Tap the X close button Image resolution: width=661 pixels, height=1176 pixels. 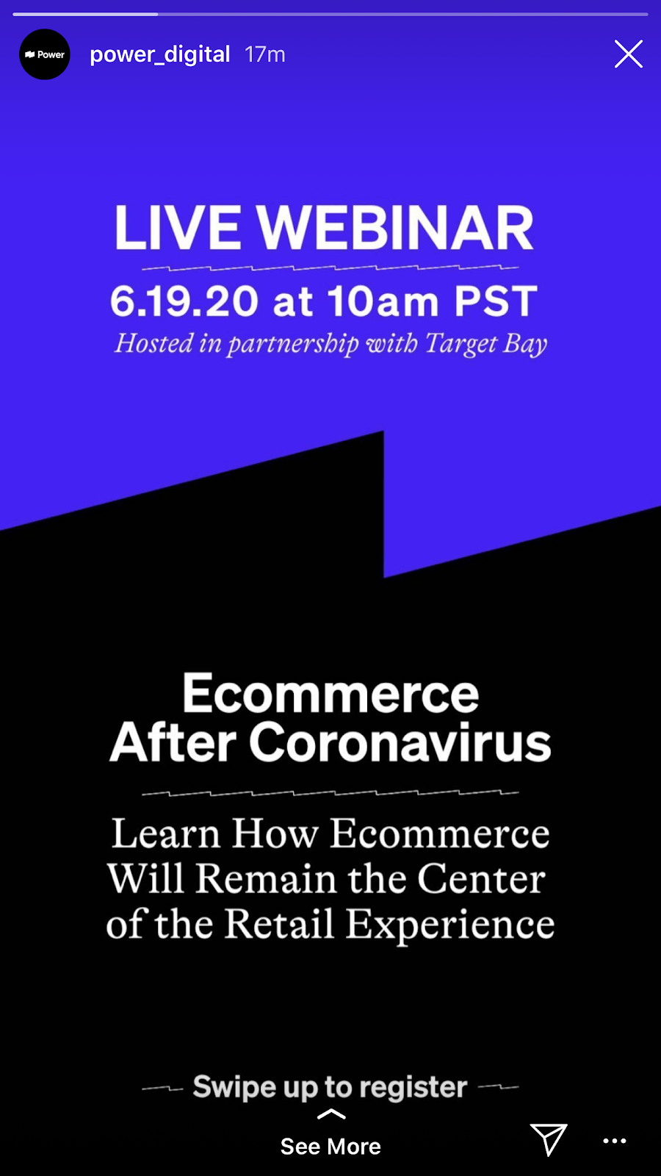pos(629,54)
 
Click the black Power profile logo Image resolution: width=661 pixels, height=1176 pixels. pos(45,54)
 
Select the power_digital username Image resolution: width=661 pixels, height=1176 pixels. pos(160,54)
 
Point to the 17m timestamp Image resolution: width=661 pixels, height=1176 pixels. pos(265,54)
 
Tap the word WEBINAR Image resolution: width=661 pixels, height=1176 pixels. pos(395,227)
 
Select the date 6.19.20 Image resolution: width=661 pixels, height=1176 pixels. pos(184,301)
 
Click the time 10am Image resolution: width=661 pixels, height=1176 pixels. pos(383,301)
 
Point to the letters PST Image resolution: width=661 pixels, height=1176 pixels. pos(496,301)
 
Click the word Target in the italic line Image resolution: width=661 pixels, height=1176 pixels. pos(461,345)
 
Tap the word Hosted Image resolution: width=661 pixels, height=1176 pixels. pos(153,343)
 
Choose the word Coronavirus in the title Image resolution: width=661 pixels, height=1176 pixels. pos(400,742)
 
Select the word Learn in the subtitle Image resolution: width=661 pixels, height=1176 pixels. pos(166,833)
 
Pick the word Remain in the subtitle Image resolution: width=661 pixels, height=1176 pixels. pos(266,879)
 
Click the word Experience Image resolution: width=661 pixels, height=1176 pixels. pos(450,925)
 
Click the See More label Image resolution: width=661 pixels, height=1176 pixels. pos(330,1147)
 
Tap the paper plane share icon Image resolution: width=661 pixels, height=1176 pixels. pos(548,1139)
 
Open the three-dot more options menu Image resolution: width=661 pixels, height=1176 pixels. pos(614,1141)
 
